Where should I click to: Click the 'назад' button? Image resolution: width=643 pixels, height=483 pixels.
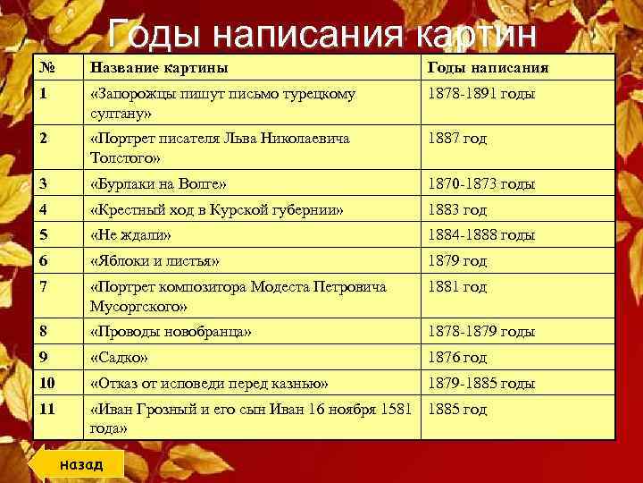81,463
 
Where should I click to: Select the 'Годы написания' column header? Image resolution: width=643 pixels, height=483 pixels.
488,67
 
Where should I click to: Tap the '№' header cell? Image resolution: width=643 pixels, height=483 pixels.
46,67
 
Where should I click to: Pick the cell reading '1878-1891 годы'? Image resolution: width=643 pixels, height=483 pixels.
480,93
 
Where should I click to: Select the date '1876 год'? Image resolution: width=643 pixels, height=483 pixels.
457,357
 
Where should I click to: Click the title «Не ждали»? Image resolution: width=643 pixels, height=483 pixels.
131,235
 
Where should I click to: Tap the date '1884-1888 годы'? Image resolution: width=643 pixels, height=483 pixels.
481,235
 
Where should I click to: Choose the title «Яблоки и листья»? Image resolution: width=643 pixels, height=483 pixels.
155,261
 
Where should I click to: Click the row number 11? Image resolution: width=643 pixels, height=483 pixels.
48,410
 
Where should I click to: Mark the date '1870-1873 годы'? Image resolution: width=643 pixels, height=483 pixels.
481,183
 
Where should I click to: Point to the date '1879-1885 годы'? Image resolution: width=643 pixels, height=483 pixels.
481,383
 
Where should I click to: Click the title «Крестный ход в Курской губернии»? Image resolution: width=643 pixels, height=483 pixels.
218,210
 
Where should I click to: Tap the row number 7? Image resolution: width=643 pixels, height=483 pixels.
44,288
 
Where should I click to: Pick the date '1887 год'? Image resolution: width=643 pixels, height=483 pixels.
457,139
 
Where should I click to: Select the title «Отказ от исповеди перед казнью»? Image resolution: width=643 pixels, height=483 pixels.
210,383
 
